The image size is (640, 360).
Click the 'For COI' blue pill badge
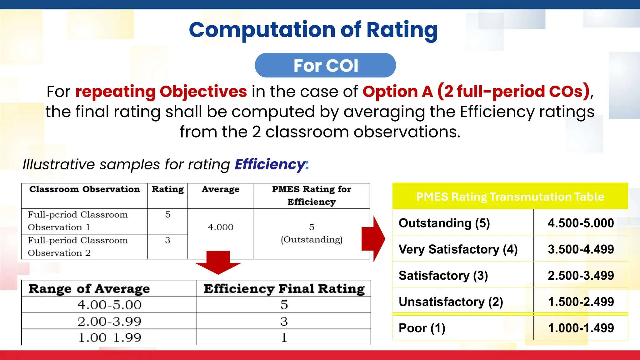(x=325, y=65)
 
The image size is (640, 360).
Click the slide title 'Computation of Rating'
(x=313, y=30)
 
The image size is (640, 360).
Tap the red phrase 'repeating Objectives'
(x=161, y=92)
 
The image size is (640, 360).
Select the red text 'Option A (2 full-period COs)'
(x=476, y=92)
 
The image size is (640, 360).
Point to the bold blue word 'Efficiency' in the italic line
(x=270, y=164)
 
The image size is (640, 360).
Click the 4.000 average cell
(x=221, y=227)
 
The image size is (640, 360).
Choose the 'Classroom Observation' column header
(x=84, y=189)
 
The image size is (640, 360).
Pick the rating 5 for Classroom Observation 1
(x=168, y=215)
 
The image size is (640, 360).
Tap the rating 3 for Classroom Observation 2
(x=168, y=240)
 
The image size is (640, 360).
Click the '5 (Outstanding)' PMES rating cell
(x=312, y=233)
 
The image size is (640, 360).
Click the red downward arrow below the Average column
(x=218, y=262)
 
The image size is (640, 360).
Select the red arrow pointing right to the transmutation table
(x=374, y=239)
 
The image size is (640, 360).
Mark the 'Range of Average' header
(x=89, y=289)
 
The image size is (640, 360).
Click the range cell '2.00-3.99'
(x=109, y=321)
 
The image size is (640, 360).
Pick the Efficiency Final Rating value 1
(x=284, y=337)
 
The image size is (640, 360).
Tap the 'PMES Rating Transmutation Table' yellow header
(x=510, y=197)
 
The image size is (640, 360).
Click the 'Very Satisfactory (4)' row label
(x=458, y=249)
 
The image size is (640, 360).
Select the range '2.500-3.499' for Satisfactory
(x=581, y=276)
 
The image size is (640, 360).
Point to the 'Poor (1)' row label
(x=422, y=328)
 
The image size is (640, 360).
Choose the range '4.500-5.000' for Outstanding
(x=581, y=223)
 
